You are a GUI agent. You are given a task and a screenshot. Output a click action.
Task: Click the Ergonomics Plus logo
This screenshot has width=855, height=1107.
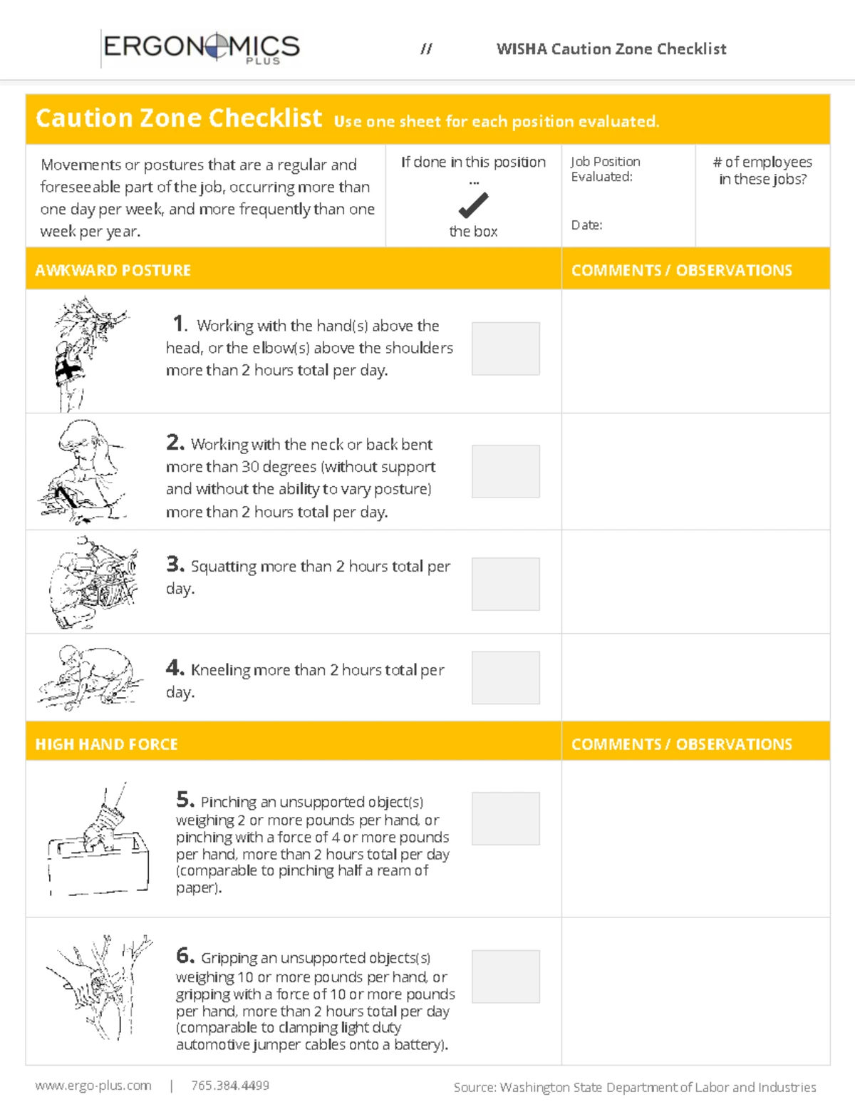point(202,48)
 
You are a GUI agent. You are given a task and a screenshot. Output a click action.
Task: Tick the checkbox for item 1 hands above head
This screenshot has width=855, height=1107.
point(505,348)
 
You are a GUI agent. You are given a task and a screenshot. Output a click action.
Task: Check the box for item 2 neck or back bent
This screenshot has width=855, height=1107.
point(505,471)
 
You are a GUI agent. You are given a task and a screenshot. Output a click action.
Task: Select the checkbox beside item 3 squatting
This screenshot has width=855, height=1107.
point(505,584)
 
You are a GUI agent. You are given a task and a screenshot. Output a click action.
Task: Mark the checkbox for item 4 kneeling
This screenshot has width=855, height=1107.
point(505,677)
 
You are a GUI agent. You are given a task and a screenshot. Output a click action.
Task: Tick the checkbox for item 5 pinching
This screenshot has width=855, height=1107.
point(505,818)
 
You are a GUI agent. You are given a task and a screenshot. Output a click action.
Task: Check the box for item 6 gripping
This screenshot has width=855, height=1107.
point(505,976)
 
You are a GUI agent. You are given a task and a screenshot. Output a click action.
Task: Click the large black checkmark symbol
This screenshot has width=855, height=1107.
point(473,206)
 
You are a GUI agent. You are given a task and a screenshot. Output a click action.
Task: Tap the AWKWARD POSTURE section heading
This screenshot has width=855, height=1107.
point(113,270)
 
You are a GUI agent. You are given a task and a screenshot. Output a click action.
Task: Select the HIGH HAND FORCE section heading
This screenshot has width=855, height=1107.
point(106,744)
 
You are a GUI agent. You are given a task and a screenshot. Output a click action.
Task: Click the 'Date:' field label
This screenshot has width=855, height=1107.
point(586,225)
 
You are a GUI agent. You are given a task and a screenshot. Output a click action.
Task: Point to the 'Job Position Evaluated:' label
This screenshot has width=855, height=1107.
point(604,169)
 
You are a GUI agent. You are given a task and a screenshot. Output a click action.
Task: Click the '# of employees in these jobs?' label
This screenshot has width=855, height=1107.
point(762,170)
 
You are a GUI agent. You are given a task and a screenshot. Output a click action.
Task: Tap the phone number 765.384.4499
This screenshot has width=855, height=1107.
point(229,1086)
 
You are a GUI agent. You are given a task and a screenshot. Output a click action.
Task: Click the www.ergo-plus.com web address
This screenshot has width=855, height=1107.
point(93,1086)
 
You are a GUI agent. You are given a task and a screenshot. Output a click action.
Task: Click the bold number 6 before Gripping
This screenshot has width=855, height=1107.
point(185,955)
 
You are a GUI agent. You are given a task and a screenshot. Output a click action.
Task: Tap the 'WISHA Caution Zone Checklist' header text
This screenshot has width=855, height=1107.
point(611,49)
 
